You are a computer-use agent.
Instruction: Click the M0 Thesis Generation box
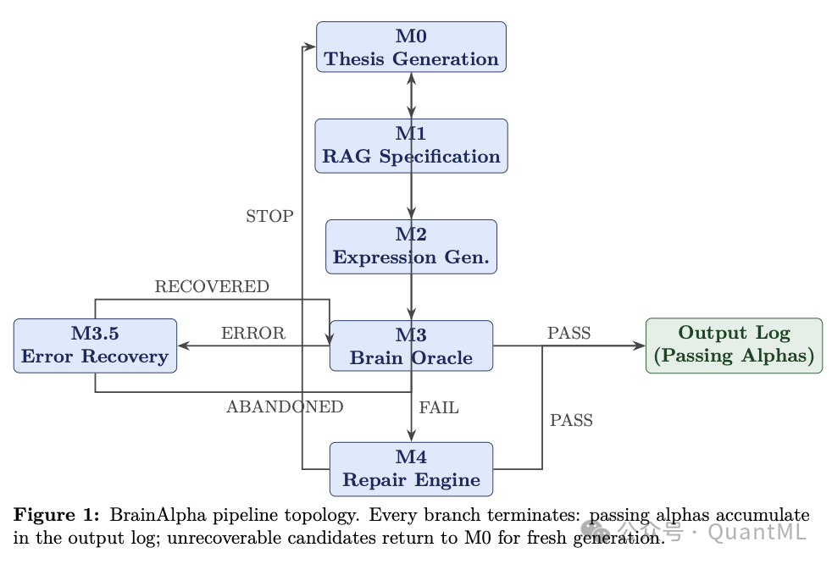pyautogui.click(x=411, y=47)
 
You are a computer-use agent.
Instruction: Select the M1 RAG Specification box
pyautogui.click(x=411, y=146)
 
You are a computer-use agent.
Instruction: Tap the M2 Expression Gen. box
pyautogui.click(x=411, y=246)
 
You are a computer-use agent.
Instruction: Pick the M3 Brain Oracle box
pyautogui.click(x=411, y=346)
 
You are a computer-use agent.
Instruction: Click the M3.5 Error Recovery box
pyautogui.click(x=95, y=345)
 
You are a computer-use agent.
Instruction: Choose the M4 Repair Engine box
pyautogui.click(x=411, y=468)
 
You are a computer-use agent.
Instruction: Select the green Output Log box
pyautogui.click(x=734, y=345)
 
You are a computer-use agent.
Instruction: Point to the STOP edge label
pyautogui.click(x=269, y=216)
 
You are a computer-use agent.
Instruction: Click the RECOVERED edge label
pyautogui.click(x=212, y=287)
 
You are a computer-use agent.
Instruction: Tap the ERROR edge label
pyautogui.click(x=252, y=334)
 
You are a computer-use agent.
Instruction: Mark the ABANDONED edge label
pyautogui.click(x=285, y=407)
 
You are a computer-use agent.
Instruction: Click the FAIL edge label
pyautogui.click(x=439, y=408)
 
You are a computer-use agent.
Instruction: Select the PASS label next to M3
pyautogui.click(x=569, y=334)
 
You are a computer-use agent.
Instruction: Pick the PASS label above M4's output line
pyautogui.click(x=571, y=421)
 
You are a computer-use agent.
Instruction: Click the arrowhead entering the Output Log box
pyautogui.click(x=640, y=346)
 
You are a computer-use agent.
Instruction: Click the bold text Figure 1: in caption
pyautogui.click(x=57, y=515)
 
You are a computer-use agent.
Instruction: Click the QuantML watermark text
pyautogui.click(x=757, y=532)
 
